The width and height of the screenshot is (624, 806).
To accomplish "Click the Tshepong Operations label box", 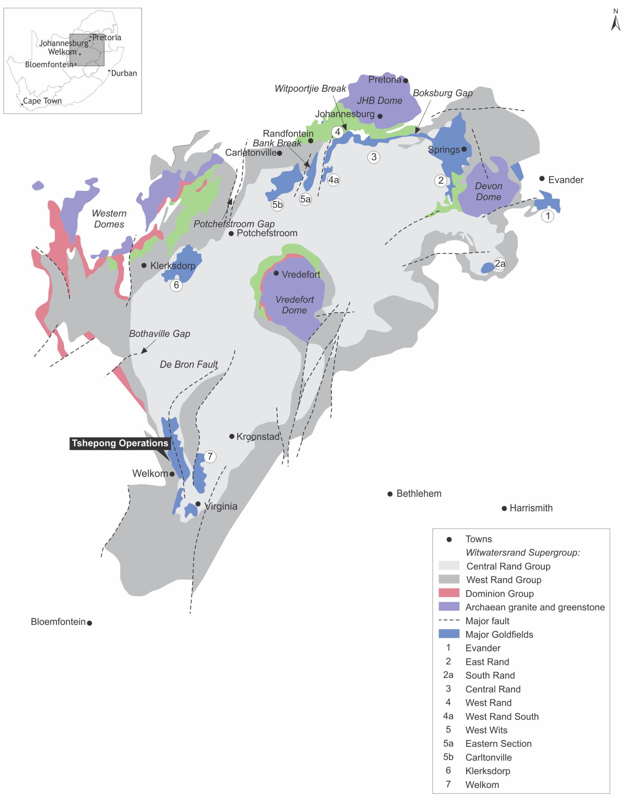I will coord(120,443).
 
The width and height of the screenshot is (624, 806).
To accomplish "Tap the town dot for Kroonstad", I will coord(232,436).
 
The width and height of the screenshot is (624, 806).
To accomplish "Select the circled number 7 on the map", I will coord(210,457).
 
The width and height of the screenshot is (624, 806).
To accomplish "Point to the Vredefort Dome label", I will coord(294,305).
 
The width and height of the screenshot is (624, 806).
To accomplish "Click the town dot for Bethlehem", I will coord(390,494).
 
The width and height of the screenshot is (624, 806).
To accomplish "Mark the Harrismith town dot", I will coord(504,509).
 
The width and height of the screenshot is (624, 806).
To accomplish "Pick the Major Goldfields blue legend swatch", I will coord(449,634).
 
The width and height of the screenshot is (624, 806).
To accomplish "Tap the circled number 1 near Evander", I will coord(548,216).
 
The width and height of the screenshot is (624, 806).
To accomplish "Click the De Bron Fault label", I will coord(188,365).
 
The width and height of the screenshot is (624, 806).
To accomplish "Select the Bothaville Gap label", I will coord(159,334).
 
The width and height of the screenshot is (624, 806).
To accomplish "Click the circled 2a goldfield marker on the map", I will coord(500,264).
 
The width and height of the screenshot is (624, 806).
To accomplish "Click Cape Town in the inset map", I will coord(42,101).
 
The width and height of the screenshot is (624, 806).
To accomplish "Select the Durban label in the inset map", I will coord(124,73).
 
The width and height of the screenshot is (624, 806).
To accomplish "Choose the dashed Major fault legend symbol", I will coord(449,620).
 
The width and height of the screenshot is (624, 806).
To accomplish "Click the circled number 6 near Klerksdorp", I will coord(176,285).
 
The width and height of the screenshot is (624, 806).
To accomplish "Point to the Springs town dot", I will coord(464,149).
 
